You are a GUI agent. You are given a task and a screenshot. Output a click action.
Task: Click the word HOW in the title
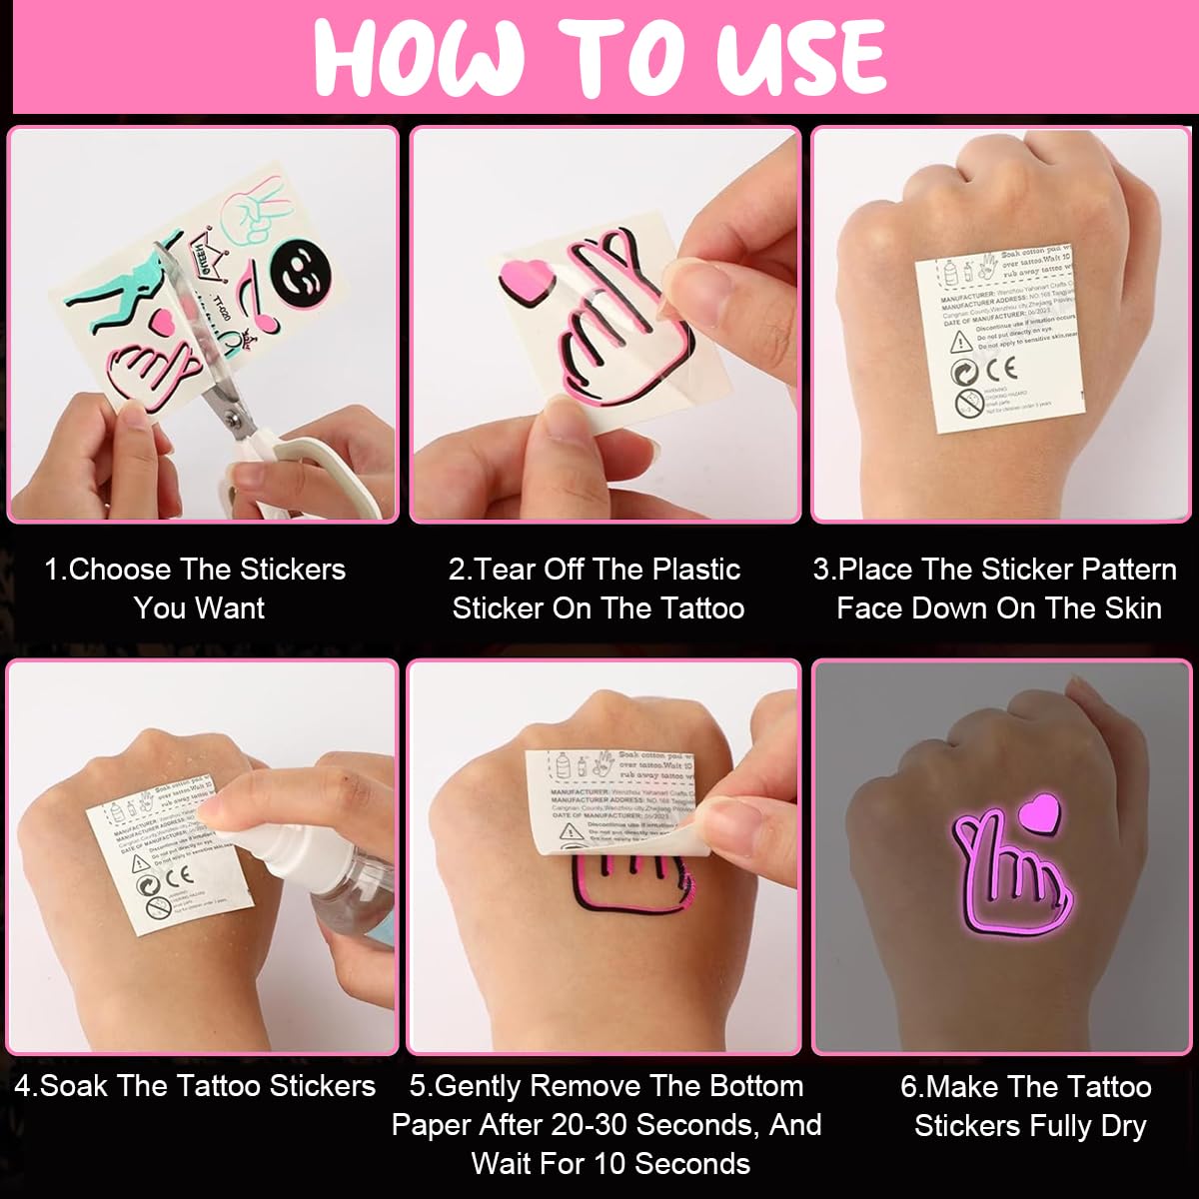pos(420,57)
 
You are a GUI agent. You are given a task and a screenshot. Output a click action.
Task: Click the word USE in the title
pos(800,57)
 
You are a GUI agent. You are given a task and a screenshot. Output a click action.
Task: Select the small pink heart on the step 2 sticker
pos(524,279)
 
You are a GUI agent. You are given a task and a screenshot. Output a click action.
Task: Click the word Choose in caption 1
pos(121,571)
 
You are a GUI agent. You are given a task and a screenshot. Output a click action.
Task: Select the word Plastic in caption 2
pos(692,571)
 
